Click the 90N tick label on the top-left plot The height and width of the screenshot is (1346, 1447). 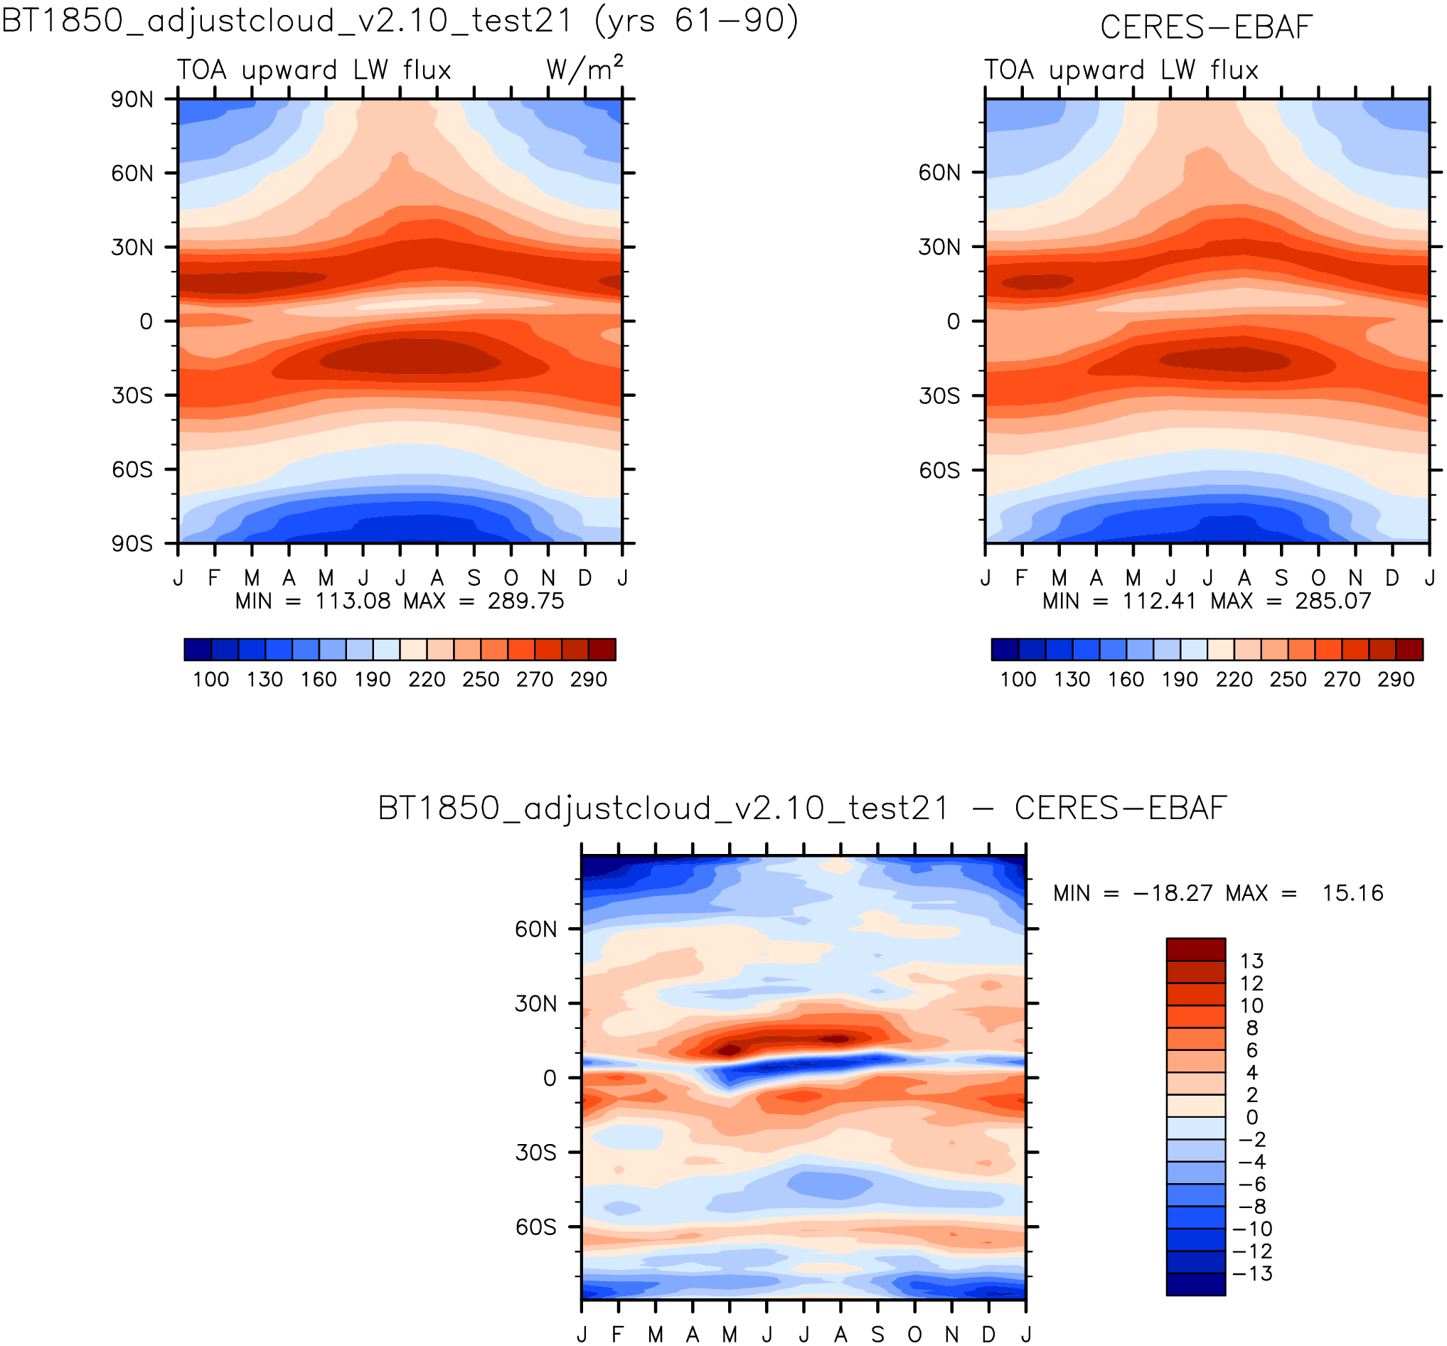tap(132, 99)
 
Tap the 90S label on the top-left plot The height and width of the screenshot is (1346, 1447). tap(132, 544)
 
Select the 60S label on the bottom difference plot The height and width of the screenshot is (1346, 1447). tap(535, 1227)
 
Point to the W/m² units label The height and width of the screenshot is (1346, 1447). tap(584, 68)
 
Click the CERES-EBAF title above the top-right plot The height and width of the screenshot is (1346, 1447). tap(1206, 28)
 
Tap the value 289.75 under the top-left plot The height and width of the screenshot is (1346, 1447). tap(525, 602)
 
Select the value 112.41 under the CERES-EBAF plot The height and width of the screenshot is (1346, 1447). tap(1159, 602)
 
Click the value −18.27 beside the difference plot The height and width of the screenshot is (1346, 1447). tap(1173, 893)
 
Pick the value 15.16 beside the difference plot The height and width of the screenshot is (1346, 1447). tap(1352, 893)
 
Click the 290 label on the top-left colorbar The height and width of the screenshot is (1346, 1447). tap(588, 680)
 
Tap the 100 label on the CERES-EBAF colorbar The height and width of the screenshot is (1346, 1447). tap(1018, 680)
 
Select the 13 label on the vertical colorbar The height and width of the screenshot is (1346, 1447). tap(1251, 961)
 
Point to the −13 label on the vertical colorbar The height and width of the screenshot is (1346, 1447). tap(1251, 1273)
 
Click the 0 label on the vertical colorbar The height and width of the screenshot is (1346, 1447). tap(1251, 1118)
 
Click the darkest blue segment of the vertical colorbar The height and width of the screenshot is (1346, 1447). tap(1195, 1284)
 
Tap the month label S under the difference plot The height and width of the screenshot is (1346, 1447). tap(878, 1335)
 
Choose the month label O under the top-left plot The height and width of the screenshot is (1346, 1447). tap(511, 578)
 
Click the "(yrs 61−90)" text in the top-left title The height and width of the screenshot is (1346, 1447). tap(696, 21)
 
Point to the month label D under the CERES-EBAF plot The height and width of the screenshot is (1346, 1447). tap(1392, 578)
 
